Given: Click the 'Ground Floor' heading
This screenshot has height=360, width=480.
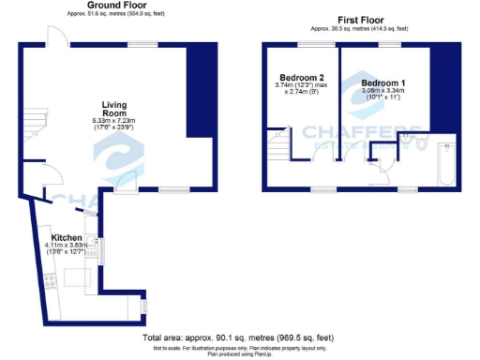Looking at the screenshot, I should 110,6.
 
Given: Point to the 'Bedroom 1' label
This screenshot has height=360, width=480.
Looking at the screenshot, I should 383,83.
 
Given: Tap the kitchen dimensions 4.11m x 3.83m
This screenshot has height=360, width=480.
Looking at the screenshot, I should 68,246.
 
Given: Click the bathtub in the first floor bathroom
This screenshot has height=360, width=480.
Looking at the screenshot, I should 445,167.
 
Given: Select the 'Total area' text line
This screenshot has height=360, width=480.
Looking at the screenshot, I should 239,337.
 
